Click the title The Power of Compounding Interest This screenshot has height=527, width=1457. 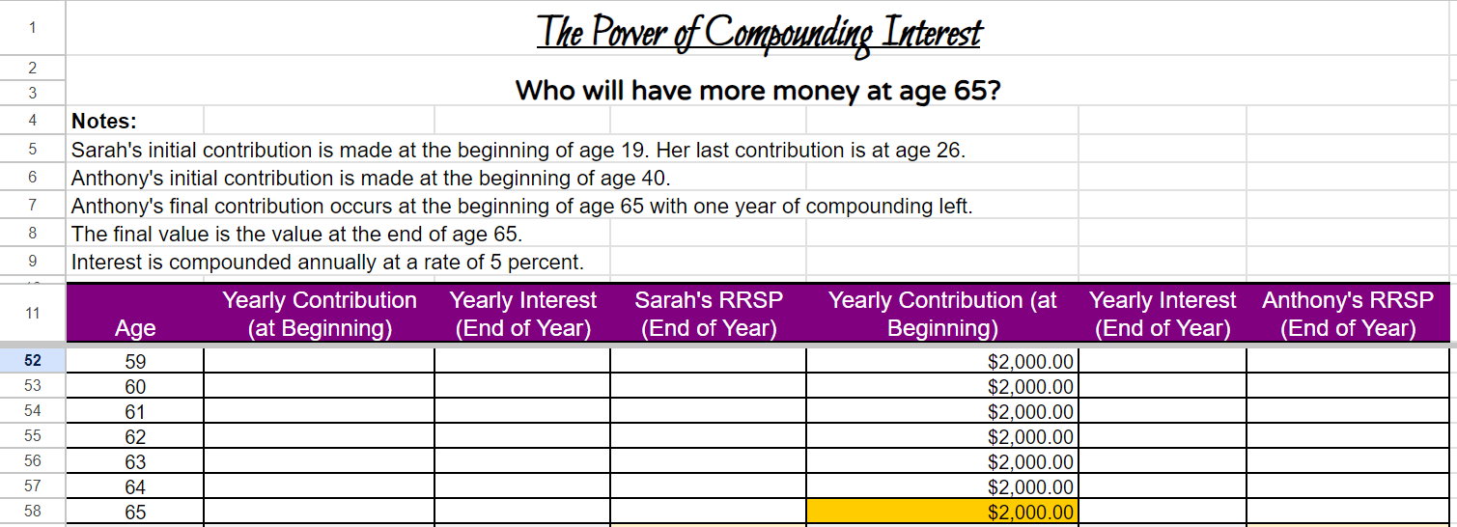point(759,32)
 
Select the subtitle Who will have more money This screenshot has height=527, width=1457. point(758,92)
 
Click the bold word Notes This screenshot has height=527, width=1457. point(104,122)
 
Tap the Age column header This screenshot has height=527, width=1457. point(135,328)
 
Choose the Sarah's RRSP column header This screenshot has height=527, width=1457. point(708,315)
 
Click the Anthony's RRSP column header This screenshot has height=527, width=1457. point(1347,315)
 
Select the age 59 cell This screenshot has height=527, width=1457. point(135,362)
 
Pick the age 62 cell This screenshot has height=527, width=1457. point(135,437)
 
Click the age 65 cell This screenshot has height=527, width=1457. point(135,513)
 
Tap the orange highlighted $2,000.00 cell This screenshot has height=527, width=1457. point(941,513)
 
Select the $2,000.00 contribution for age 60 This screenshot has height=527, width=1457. point(1030,387)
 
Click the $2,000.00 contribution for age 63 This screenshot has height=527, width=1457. point(1030,462)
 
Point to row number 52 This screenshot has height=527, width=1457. point(33,361)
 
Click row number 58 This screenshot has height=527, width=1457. point(33,512)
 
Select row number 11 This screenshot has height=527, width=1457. point(33,314)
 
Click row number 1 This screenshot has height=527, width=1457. point(33,28)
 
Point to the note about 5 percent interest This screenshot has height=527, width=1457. point(327,263)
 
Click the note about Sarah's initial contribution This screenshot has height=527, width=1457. point(518,151)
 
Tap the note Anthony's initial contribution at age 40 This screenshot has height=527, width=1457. point(370,179)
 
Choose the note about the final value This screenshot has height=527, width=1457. point(296,234)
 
